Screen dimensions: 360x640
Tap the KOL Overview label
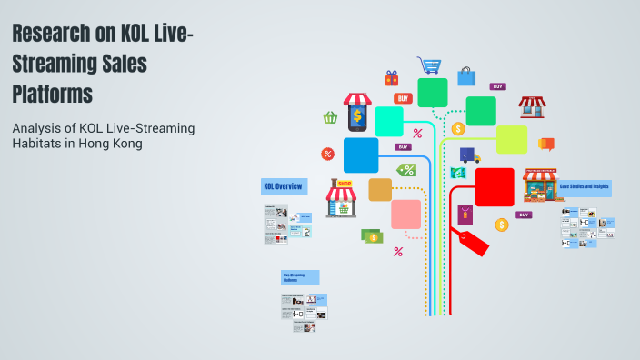(x=283, y=186)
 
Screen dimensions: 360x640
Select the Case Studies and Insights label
(x=585, y=187)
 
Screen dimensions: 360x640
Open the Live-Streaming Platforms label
(x=299, y=277)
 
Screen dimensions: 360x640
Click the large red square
(x=495, y=187)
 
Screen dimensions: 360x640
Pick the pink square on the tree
(x=405, y=215)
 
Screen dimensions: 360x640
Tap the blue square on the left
(x=361, y=155)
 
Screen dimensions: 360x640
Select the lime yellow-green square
(x=511, y=140)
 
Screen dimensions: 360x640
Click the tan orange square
(x=380, y=189)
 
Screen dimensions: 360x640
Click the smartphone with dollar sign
(x=357, y=114)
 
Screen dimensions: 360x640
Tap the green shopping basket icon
(x=330, y=117)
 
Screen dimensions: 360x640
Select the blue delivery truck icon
(x=469, y=155)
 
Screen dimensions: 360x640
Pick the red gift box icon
(x=392, y=78)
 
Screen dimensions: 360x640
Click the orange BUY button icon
(x=403, y=98)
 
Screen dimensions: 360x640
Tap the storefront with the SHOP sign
(x=343, y=198)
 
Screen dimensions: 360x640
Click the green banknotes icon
(x=372, y=236)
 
